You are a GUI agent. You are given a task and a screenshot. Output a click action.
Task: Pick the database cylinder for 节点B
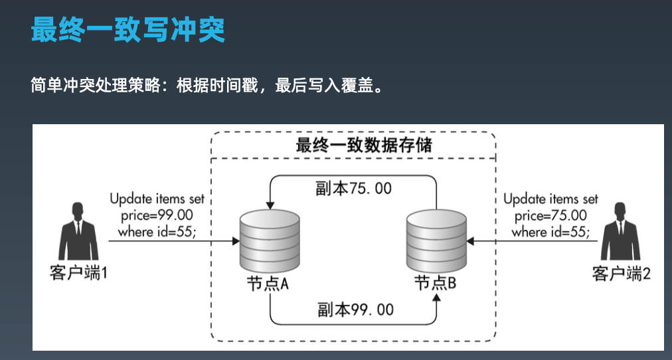[x=435, y=239]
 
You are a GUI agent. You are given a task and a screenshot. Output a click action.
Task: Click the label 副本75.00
[x=353, y=189]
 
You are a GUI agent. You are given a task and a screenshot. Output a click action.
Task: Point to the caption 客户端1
[x=78, y=273]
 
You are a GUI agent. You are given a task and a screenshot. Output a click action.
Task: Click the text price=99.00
[x=157, y=215]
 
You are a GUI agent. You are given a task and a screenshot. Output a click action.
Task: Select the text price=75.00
[x=550, y=215]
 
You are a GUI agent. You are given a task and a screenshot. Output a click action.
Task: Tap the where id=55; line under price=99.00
[x=157, y=232]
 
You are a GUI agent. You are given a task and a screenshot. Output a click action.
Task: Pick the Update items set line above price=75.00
[x=550, y=199]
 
